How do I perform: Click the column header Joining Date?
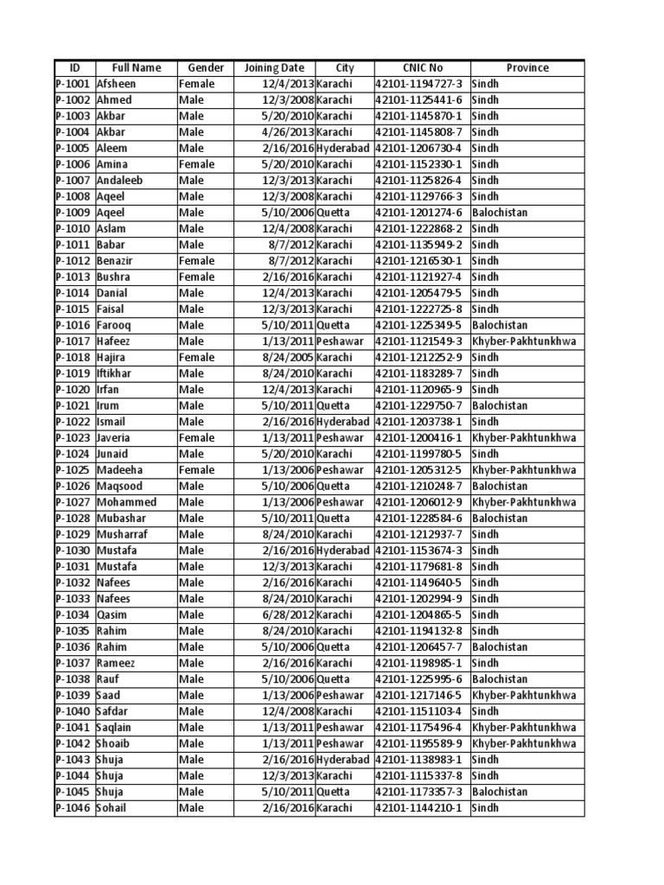[274, 67]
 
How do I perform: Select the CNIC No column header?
[422, 67]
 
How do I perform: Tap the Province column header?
[527, 67]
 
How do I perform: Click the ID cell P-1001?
[73, 84]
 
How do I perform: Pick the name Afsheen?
[117, 84]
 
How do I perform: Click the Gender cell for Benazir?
[196, 261]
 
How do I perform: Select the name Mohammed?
[126, 502]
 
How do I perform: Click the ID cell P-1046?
[73, 808]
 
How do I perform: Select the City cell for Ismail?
[343, 422]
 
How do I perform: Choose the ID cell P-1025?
[73, 470]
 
